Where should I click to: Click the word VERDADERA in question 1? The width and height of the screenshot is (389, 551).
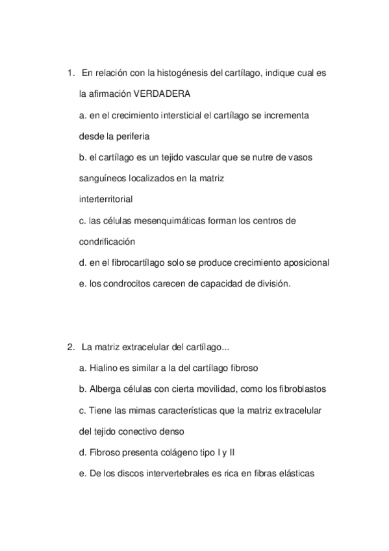[x=166, y=94]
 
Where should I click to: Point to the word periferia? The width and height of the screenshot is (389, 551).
[x=131, y=136]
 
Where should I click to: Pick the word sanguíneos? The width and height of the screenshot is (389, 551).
[x=104, y=178]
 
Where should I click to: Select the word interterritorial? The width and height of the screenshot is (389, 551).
[x=106, y=199]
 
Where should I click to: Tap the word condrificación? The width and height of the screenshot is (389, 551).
[x=107, y=242]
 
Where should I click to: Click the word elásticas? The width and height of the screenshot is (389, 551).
[x=297, y=474]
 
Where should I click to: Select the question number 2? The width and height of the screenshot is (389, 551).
[x=70, y=347]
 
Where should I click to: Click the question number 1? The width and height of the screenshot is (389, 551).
[x=70, y=73]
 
